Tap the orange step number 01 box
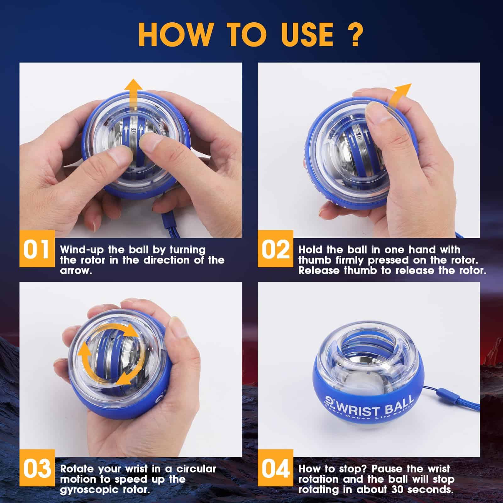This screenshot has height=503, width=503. pyautogui.click(x=37, y=249)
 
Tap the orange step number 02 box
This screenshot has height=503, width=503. pyautogui.click(x=275, y=249)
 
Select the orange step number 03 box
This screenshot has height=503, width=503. pyautogui.click(x=37, y=468)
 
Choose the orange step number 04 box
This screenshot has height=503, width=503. pyautogui.click(x=275, y=468)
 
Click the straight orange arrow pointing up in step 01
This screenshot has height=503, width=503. pyautogui.click(x=132, y=94)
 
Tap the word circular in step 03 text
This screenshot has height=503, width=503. pyautogui.click(x=196, y=469)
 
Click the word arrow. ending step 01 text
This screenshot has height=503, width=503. pyautogui.click(x=76, y=270)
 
